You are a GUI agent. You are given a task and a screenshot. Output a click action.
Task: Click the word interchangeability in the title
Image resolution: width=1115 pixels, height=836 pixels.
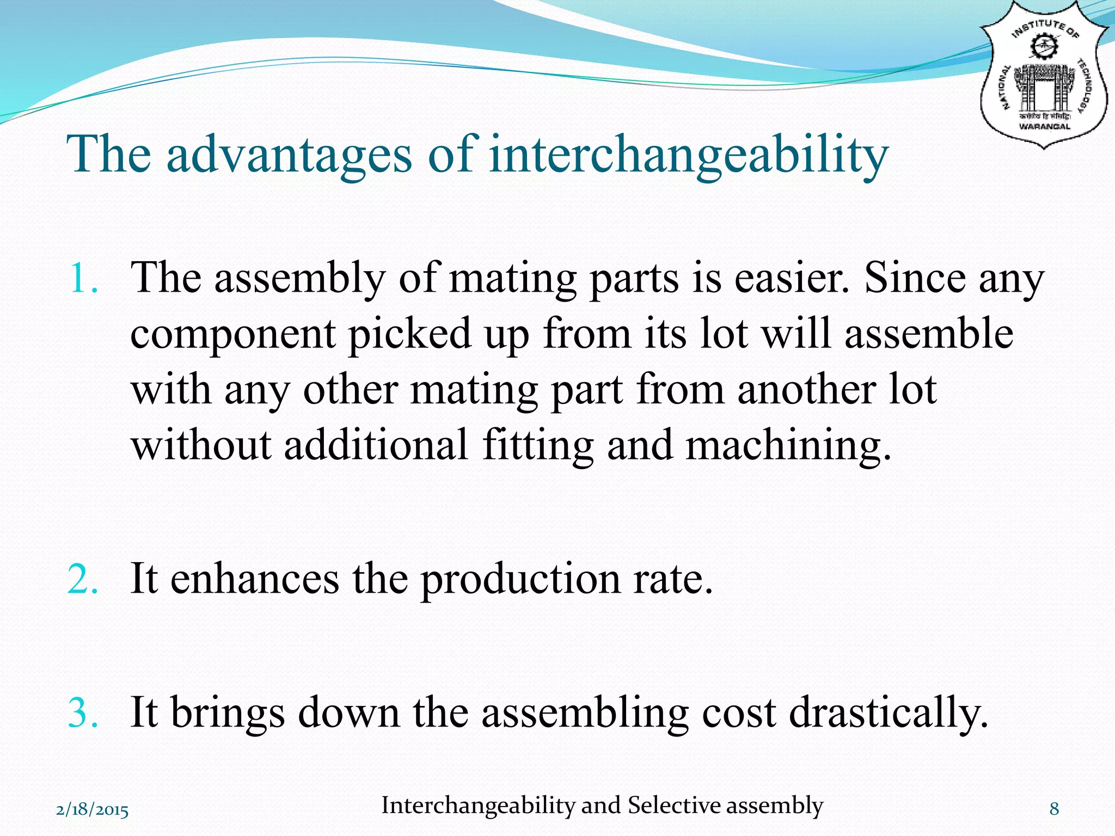tap(688, 155)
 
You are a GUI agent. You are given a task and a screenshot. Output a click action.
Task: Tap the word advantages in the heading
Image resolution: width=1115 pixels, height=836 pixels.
tap(289, 155)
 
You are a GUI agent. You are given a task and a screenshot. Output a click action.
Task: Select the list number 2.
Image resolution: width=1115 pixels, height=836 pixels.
tap(83, 579)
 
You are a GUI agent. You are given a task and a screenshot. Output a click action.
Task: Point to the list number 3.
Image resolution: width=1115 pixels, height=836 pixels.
tap(83, 712)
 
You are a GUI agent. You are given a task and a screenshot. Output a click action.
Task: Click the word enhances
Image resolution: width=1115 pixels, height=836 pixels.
tap(254, 579)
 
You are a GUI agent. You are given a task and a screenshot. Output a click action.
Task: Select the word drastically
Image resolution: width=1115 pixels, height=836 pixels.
tap(888, 714)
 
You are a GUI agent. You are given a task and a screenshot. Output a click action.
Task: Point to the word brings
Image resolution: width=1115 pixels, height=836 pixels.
tap(228, 714)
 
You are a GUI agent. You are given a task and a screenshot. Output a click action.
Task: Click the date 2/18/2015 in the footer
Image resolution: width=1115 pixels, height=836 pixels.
tap(93, 810)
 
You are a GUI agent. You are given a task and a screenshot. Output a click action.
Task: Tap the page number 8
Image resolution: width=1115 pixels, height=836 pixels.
tap(1054, 809)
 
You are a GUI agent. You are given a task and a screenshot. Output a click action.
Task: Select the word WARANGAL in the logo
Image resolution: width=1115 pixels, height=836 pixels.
tap(1044, 126)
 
